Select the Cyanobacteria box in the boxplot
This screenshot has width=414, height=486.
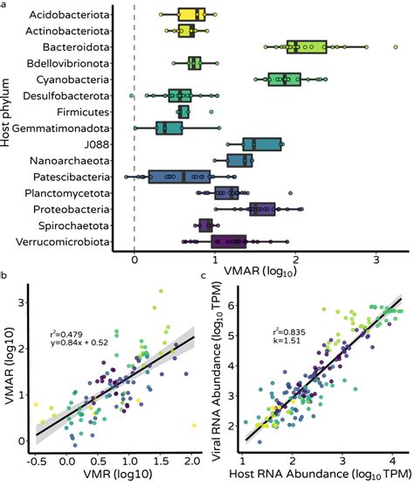tap(289, 80)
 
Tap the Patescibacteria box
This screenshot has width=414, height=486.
tap(178, 177)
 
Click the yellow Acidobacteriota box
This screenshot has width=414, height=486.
tap(191, 15)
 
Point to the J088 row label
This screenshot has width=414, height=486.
tap(98, 144)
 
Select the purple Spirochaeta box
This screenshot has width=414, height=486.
tap(206, 226)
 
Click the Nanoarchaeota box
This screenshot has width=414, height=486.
tap(239, 161)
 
